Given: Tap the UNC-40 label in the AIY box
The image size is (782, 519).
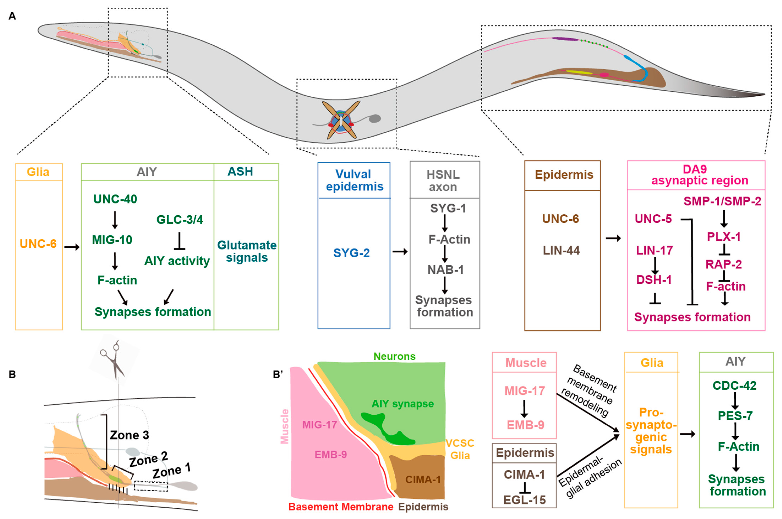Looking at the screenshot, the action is coord(115,199).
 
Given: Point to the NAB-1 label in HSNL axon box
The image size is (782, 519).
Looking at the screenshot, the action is coord(445,270).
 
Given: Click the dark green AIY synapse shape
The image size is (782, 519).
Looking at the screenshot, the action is coord(387,429).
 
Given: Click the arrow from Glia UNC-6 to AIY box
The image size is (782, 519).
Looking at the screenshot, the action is coord(72,247).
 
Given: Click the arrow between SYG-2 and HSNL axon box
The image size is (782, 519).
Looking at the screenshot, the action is coord(400,252).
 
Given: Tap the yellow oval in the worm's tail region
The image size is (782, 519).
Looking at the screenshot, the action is coord(579,73).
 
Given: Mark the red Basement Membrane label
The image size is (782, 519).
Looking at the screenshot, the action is coord(341,507).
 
